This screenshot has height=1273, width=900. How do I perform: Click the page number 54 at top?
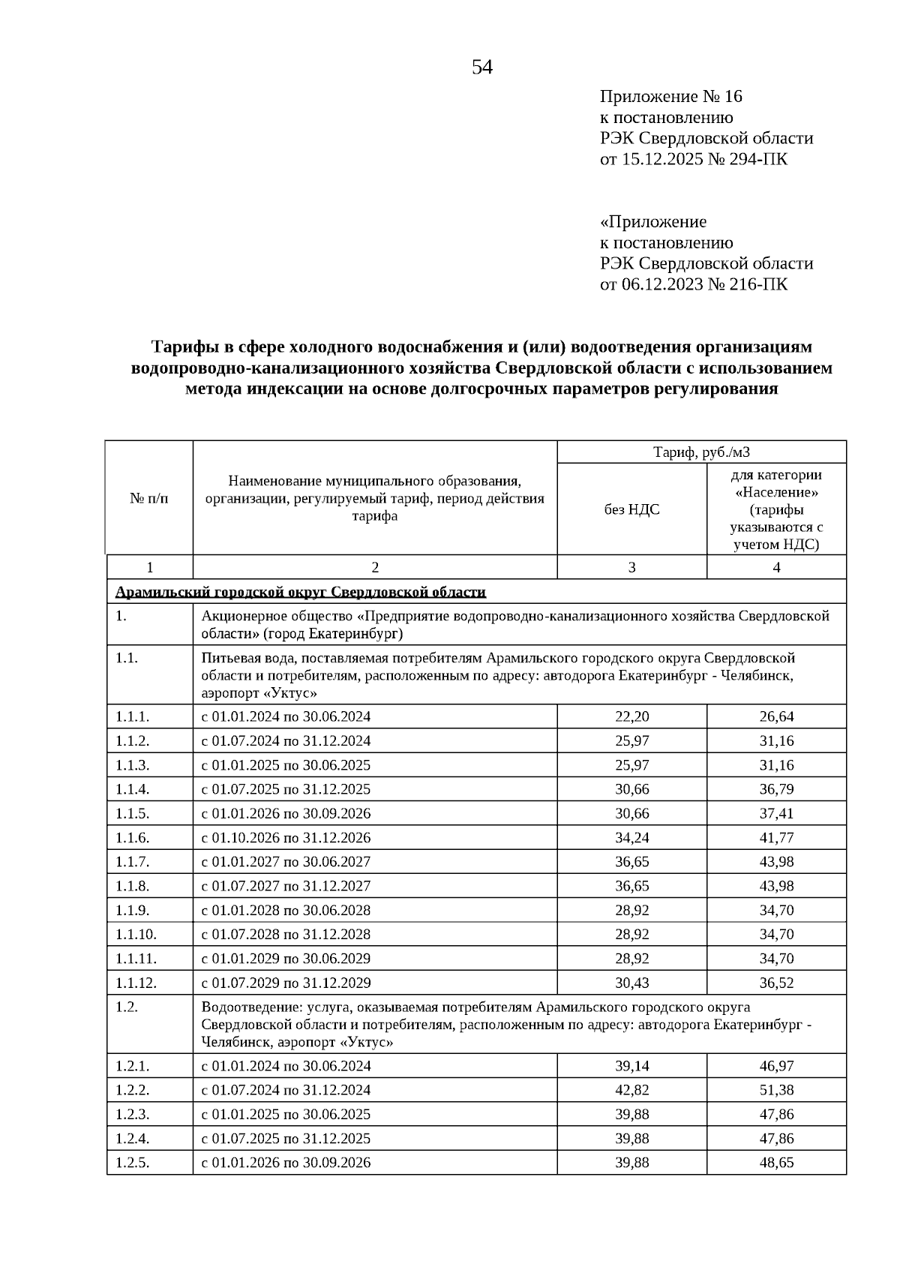coord(482,68)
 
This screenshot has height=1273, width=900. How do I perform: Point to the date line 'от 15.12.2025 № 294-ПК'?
coord(694,159)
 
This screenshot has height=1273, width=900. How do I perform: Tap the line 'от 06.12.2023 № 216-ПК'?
coord(694,284)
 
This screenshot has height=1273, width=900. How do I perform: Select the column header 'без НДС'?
coord(631,510)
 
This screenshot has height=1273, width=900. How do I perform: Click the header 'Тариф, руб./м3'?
coord(701,452)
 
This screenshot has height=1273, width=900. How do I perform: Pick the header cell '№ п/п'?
coord(149,498)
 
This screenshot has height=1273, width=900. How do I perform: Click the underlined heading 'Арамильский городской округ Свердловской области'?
coord(300,593)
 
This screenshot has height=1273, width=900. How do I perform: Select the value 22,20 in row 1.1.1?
coord(631,716)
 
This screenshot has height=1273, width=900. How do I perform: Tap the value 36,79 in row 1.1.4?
coord(776,789)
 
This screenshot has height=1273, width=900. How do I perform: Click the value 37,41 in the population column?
coord(776,813)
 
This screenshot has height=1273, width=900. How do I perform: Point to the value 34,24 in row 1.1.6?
coord(631,837)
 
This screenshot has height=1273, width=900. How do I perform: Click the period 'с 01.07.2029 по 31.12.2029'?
coord(286,983)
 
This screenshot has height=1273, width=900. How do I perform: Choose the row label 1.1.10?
coord(136,934)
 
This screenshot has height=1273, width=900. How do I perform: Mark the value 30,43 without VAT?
coord(631,983)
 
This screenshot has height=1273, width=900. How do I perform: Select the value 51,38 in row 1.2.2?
coord(776,1090)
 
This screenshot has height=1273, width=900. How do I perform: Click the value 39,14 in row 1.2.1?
coord(631,1066)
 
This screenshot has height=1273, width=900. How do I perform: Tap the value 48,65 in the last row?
coord(776,1163)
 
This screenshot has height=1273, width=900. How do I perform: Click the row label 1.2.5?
coord(133,1163)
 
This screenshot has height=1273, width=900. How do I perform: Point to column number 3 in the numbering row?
coord(631,568)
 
